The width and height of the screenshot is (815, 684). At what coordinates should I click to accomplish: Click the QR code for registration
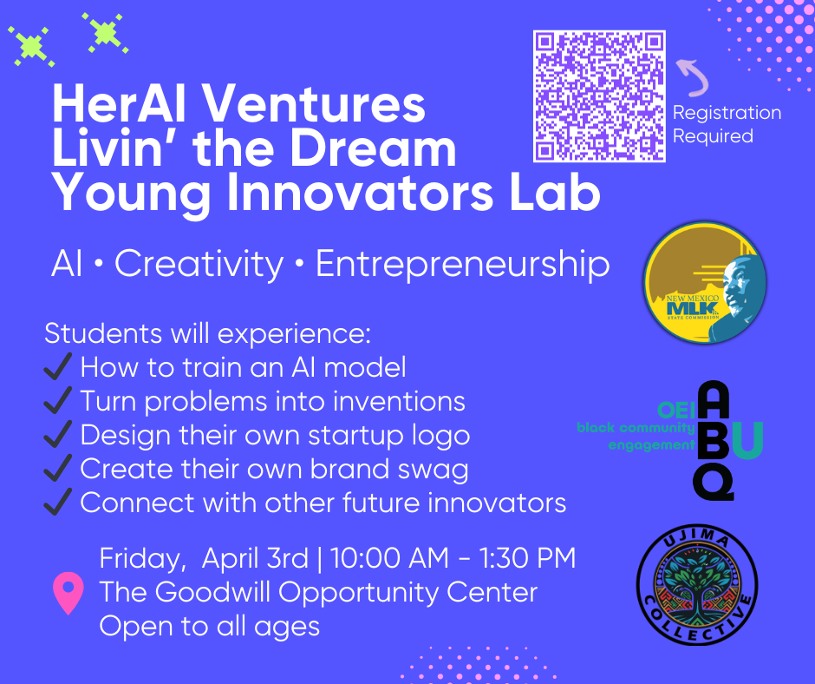(x=599, y=96)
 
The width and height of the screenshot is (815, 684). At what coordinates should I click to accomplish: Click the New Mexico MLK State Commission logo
(x=705, y=280)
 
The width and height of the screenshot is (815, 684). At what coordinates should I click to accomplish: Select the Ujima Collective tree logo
(x=697, y=586)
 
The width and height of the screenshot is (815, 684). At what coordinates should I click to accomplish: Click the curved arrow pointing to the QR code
(x=693, y=76)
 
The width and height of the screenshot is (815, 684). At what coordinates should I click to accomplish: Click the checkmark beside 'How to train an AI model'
(x=58, y=367)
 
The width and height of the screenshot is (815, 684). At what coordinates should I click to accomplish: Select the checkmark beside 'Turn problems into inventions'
(x=58, y=401)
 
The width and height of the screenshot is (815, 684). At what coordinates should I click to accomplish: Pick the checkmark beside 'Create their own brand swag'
(x=58, y=469)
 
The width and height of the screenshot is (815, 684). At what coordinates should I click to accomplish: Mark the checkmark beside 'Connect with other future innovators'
(x=58, y=503)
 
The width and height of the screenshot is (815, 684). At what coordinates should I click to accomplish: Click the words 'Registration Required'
(x=727, y=124)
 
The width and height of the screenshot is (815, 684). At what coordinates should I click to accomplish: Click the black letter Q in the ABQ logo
(x=713, y=482)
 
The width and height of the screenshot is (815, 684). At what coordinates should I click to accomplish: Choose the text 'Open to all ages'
(x=209, y=625)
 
